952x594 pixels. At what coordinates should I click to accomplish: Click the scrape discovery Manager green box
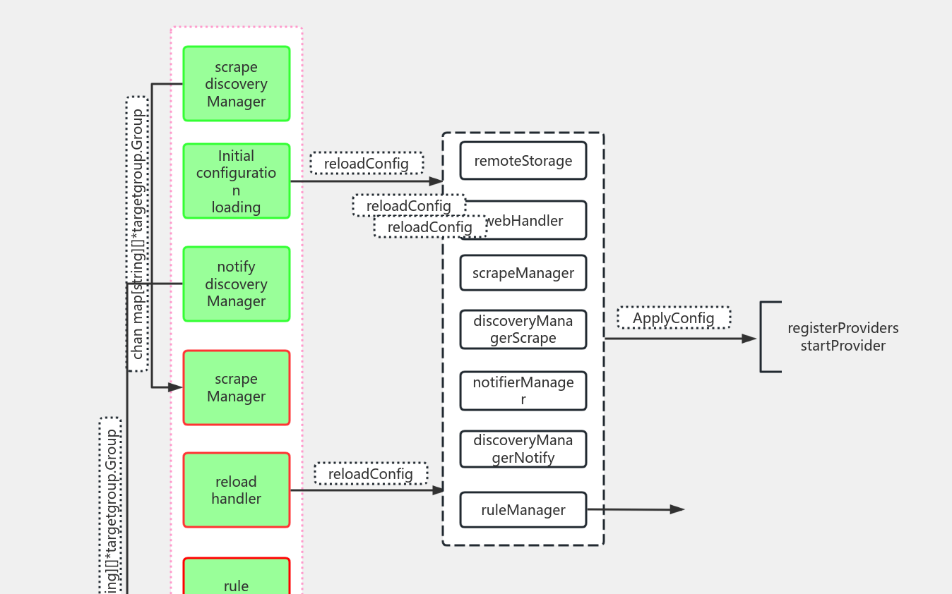tap(236, 84)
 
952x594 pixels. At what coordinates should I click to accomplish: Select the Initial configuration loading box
tap(236, 181)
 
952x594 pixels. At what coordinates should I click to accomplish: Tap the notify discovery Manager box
tap(236, 284)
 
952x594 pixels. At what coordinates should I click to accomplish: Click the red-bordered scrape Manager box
tap(236, 387)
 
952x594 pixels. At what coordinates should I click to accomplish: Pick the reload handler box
tap(236, 490)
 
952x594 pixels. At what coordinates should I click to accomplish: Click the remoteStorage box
tap(523, 161)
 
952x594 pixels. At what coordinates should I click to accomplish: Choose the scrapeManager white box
tap(523, 273)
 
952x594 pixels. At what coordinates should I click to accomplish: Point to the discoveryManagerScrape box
tap(523, 329)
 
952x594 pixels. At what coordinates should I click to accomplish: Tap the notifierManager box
tap(523, 391)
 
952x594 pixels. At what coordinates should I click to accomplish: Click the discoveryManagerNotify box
tap(523, 449)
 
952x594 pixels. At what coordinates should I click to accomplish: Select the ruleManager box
tap(523, 510)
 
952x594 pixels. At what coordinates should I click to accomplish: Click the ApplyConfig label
tap(673, 317)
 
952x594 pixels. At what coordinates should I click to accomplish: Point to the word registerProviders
tap(843, 328)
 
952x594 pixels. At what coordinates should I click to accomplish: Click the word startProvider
tap(843, 346)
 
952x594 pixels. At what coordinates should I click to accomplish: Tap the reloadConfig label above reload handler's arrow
tap(370, 473)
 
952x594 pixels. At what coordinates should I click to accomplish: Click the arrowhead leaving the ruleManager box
tap(677, 509)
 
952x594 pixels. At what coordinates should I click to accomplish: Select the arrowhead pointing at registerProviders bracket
tap(749, 339)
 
